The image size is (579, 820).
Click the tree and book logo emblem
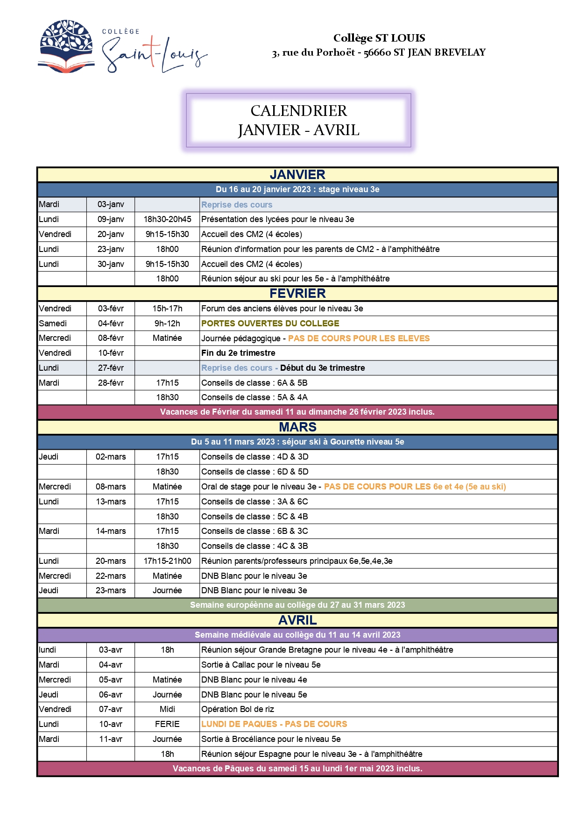pyautogui.click(x=66, y=46)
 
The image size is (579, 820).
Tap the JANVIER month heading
pyautogui.click(x=297, y=175)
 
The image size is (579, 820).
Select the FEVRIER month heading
pyautogui.click(x=297, y=294)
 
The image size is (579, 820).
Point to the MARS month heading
pyautogui.click(x=297, y=427)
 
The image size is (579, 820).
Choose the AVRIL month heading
pyautogui.click(x=297, y=620)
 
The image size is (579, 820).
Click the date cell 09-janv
pyautogui.click(x=111, y=219)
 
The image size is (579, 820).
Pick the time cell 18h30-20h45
pyautogui.click(x=167, y=219)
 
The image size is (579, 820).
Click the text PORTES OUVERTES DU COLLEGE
pyautogui.click(x=270, y=324)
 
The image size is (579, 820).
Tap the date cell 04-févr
pyautogui.click(x=111, y=324)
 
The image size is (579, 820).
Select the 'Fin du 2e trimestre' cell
pyautogui.click(x=238, y=353)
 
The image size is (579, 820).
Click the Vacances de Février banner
pyautogui.click(x=297, y=412)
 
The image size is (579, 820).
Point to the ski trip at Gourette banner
pyautogui.click(x=297, y=442)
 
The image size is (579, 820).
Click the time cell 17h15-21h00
pyautogui.click(x=167, y=561)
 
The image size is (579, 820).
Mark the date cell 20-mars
pyautogui.click(x=111, y=561)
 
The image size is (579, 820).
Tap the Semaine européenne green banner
pyautogui.click(x=297, y=605)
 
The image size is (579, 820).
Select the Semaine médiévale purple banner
pyautogui.click(x=297, y=635)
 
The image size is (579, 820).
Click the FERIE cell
pyautogui.click(x=167, y=724)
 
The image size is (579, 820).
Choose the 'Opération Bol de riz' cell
pyautogui.click(x=238, y=709)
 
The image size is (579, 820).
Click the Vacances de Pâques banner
pyautogui.click(x=297, y=769)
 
